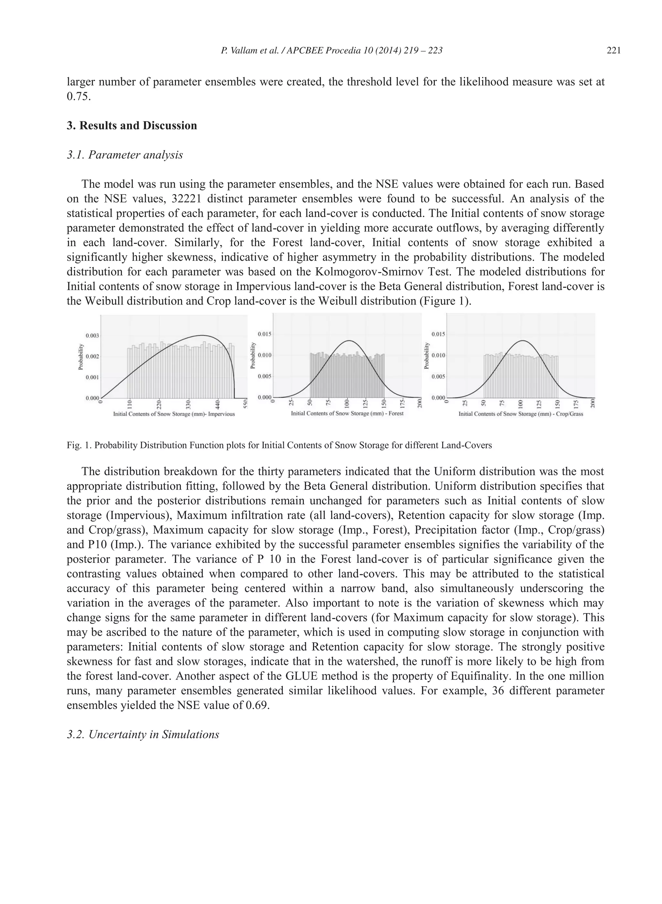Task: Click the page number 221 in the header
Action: [614, 50]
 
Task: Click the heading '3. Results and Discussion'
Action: [132, 126]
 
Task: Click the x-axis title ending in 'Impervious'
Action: [174, 414]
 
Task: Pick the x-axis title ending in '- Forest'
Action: [347, 413]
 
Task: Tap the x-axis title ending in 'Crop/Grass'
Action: [520, 414]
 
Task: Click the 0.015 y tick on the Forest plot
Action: [264, 334]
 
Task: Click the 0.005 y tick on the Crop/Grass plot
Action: [438, 376]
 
